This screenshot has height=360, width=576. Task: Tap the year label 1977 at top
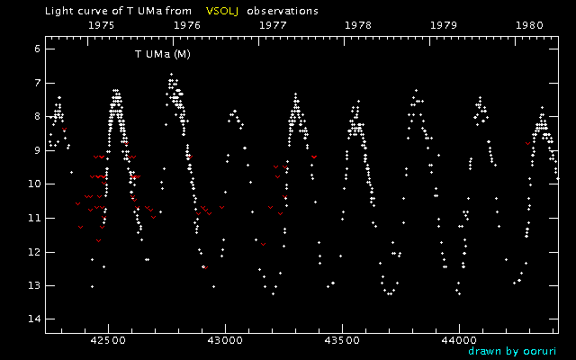tap(273, 26)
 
